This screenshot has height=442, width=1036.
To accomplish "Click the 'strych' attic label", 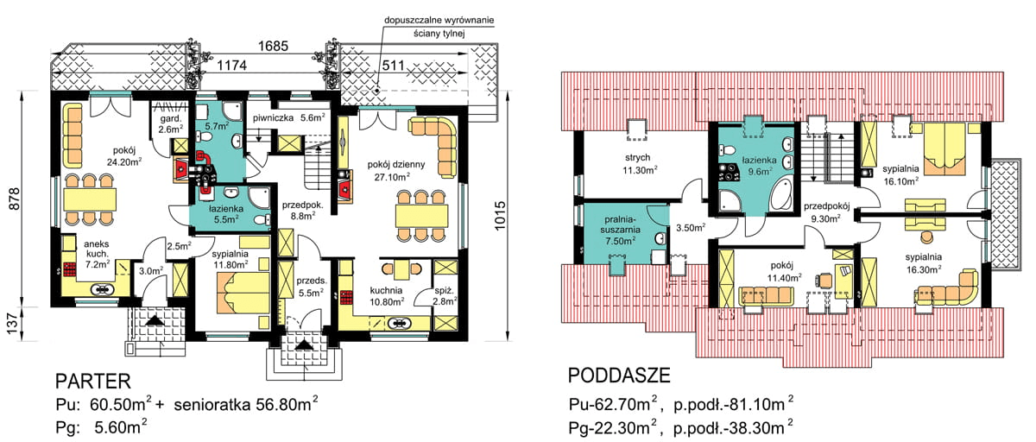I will tap(640, 158).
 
